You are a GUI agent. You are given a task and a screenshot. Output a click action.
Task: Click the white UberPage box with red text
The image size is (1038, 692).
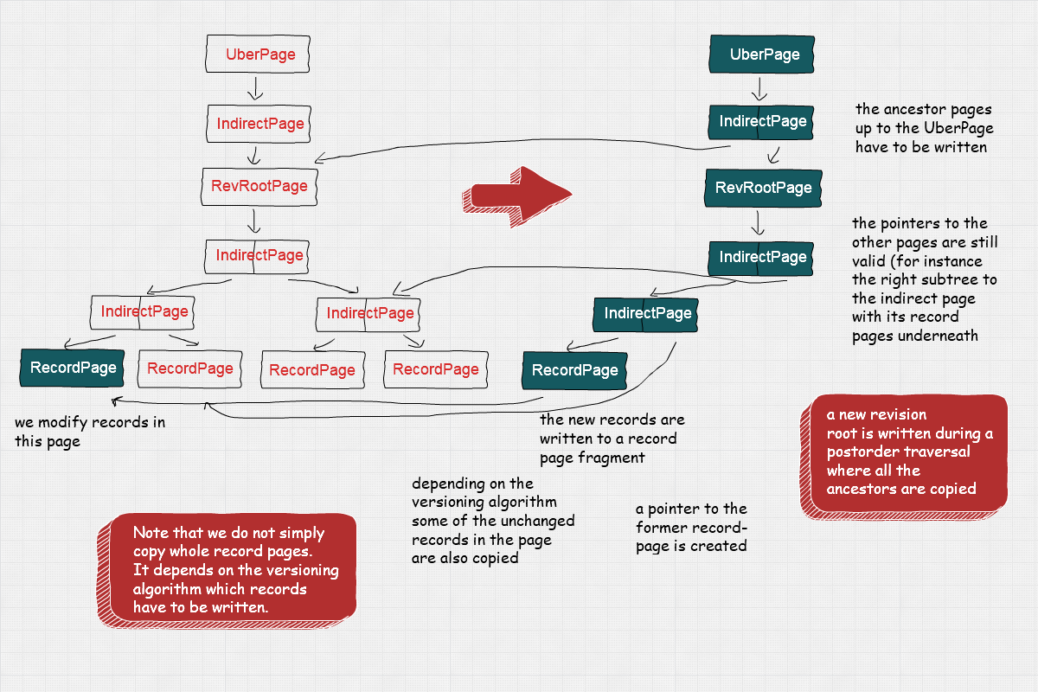tap(257, 54)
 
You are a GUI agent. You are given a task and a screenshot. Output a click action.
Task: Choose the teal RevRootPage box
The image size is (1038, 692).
tap(761, 188)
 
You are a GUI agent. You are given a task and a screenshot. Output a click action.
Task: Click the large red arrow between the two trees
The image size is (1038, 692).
tap(516, 190)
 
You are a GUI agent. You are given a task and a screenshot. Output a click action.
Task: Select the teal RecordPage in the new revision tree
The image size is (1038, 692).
tap(574, 370)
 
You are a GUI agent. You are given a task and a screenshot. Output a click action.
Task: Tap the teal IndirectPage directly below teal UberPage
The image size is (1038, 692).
tap(761, 122)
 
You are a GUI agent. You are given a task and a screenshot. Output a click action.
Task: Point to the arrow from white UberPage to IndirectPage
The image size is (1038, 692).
tap(254, 88)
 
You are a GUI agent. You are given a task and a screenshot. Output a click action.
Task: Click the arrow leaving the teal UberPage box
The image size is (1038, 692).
tap(759, 88)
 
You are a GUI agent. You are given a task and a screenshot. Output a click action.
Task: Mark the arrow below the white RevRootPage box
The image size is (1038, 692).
tap(253, 221)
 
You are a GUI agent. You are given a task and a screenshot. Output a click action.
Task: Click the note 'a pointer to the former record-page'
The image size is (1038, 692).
tap(690, 527)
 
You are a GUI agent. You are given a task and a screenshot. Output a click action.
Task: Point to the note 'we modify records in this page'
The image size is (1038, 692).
tap(89, 432)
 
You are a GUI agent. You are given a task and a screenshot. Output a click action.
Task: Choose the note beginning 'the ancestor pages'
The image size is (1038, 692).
tap(924, 128)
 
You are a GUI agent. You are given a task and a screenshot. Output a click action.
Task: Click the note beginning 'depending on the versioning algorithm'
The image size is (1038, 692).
tap(492, 521)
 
